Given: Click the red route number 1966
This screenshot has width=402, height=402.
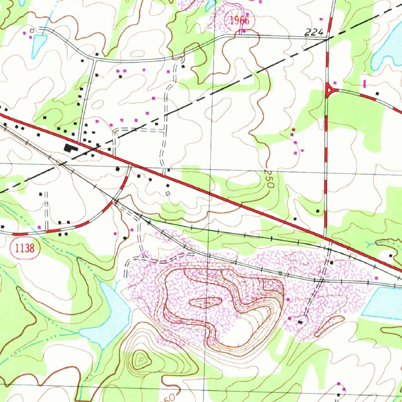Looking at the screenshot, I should [239, 20].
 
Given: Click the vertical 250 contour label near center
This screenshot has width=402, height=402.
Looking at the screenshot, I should [269, 179].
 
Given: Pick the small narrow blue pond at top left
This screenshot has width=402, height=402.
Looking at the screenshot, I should [39, 44].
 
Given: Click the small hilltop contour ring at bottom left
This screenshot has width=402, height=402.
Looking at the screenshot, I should [140, 359].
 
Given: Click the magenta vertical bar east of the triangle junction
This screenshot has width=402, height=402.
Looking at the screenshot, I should [365, 83].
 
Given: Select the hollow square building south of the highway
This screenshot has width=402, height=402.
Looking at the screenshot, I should [168, 194].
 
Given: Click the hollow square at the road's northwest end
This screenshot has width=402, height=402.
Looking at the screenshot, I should [32, 30].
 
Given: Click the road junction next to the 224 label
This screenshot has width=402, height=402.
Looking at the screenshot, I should [327, 39].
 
